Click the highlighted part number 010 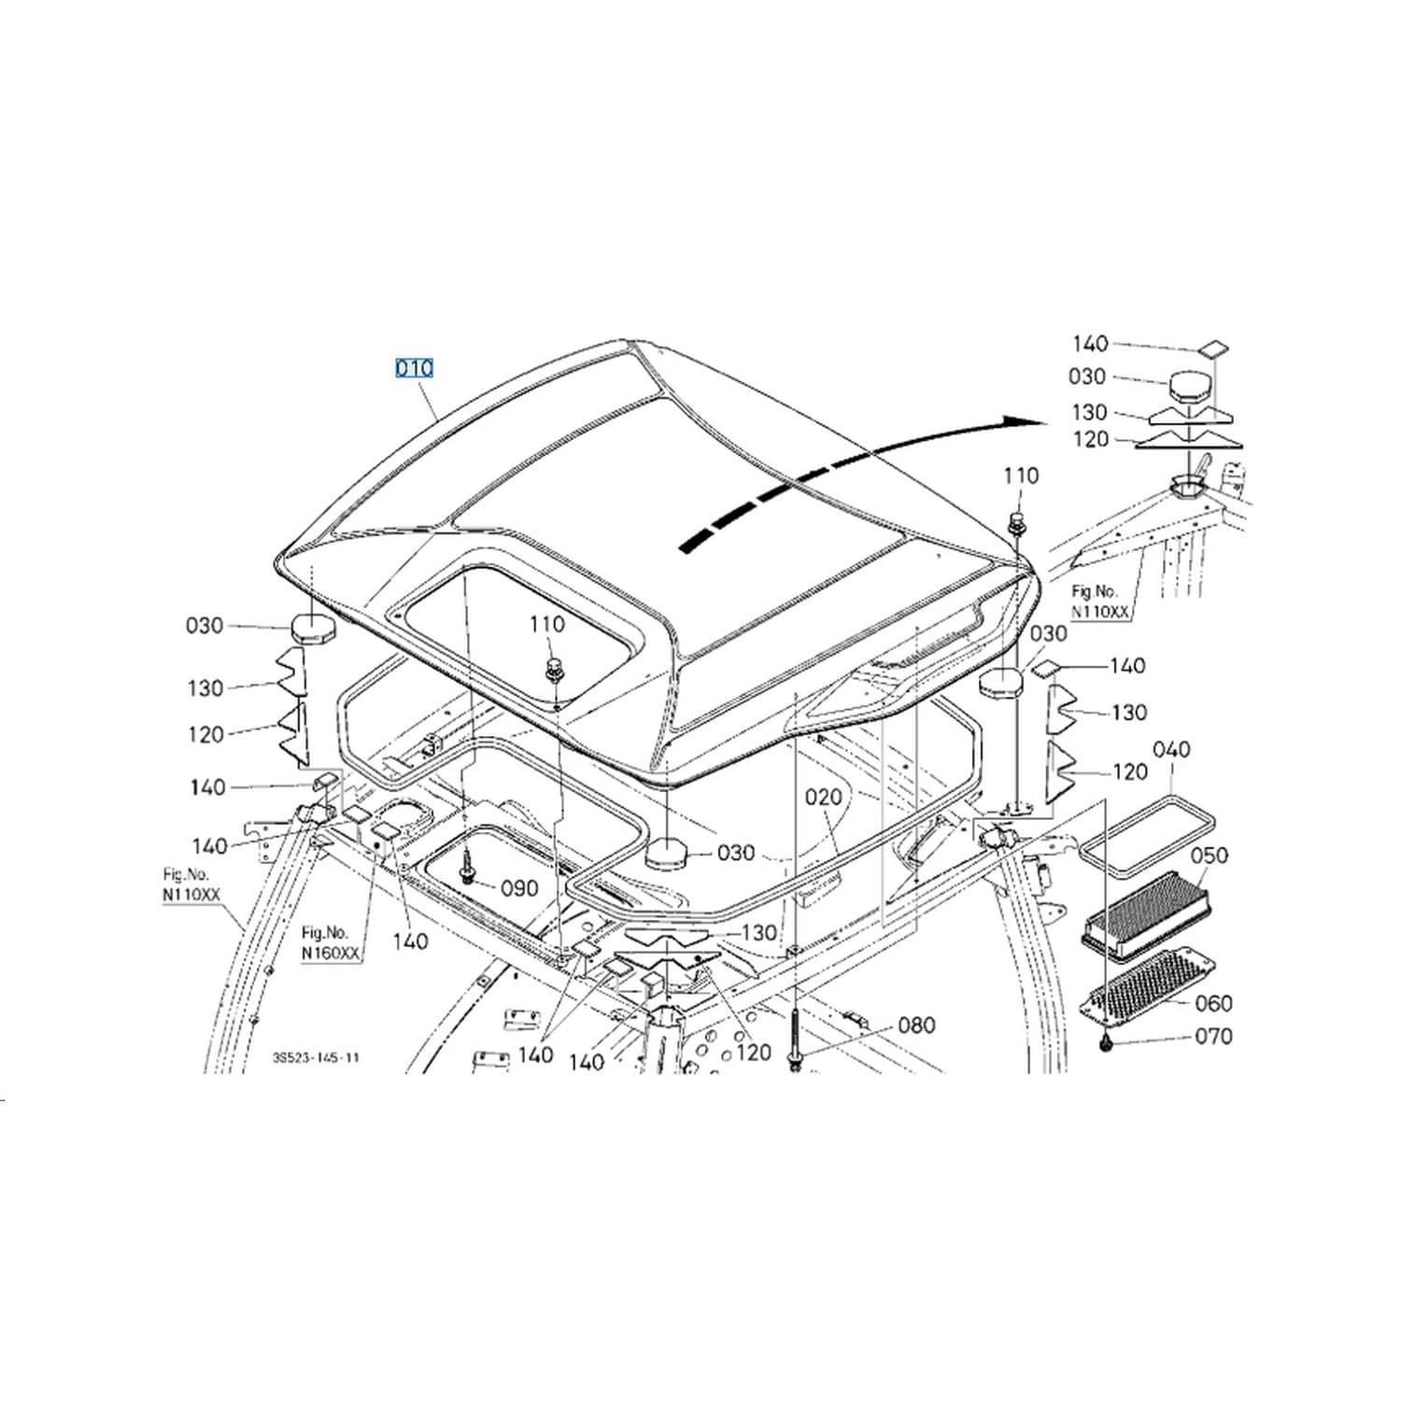(414, 368)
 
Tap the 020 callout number (823, 797)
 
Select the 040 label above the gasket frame (1171, 749)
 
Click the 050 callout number (1210, 856)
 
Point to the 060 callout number (1213, 1003)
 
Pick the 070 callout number (1213, 1036)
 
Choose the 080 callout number (916, 1026)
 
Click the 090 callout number (520, 887)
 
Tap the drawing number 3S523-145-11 (316, 1058)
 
